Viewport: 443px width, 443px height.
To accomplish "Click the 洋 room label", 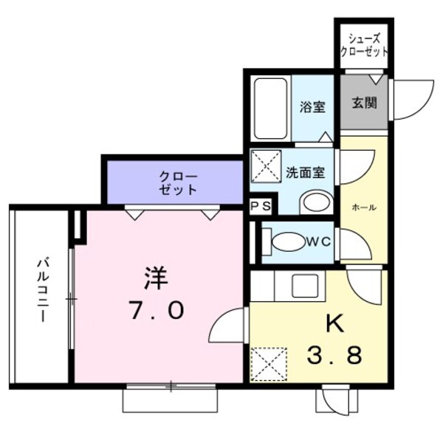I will tap(156, 279).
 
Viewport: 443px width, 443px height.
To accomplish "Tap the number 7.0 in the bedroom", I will tap(156, 311).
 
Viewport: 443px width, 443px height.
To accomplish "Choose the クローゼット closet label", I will tap(178, 182).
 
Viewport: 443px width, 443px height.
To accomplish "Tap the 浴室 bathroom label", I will tap(312, 106).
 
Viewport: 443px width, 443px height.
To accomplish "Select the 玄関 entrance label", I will tap(363, 103).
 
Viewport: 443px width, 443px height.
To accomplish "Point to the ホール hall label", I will tap(364, 207).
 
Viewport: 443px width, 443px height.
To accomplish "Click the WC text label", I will tap(318, 240).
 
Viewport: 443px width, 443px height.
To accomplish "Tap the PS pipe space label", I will tap(261, 207).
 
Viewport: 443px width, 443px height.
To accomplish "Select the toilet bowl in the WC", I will tap(288, 241).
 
